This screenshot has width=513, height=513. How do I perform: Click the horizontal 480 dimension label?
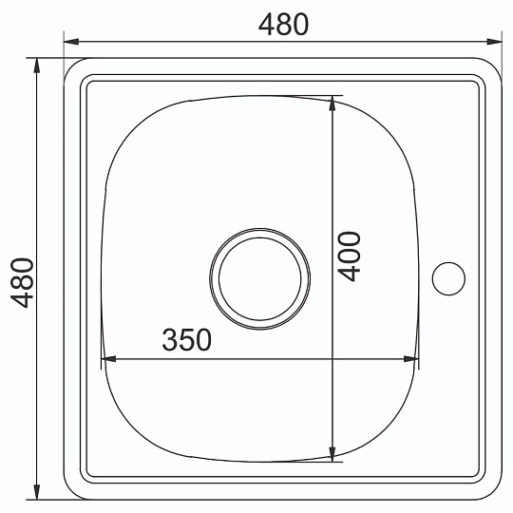(283, 25)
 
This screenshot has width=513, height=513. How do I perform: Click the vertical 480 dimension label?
(22, 283)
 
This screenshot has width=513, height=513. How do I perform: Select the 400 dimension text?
(349, 256)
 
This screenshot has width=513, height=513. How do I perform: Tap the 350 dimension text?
(187, 339)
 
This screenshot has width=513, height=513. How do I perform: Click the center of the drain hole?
(259, 278)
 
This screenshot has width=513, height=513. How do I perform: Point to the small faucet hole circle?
(448, 278)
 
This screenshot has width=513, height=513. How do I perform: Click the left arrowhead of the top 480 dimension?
(71, 42)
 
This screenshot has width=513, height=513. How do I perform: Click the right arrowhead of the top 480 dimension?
(494, 42)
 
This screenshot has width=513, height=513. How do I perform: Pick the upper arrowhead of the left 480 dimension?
(37, 66)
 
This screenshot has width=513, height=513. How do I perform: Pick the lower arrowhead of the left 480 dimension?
(37, 492)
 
